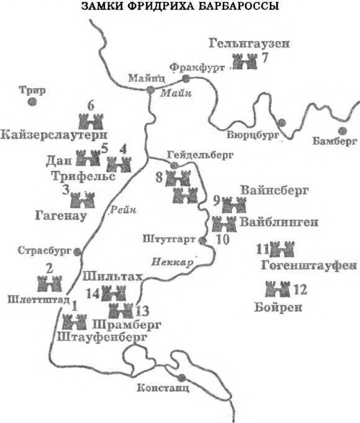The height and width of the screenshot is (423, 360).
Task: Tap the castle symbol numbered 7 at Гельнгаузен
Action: [244, 61]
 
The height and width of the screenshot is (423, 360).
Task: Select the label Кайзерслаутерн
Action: [55, 135]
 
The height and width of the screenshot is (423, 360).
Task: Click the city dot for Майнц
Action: [150, 90]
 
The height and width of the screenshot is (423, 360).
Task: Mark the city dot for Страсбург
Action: [78, 251]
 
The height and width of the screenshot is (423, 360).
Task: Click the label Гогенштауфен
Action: [307, 266]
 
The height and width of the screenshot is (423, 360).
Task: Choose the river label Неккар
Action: [171, 261]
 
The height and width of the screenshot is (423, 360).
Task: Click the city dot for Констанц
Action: [181, 378]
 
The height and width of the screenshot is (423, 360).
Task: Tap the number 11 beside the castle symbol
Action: [261, 249]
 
